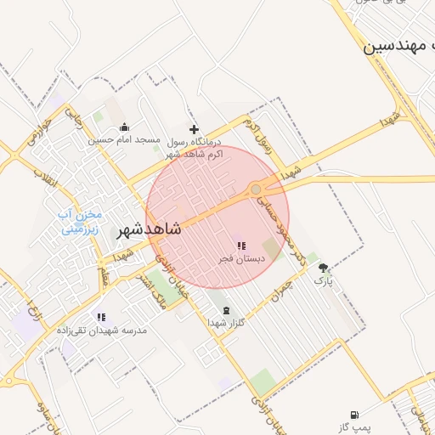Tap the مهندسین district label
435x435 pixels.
click(x=398, y=46)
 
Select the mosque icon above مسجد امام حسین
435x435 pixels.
click(x=125, y=128)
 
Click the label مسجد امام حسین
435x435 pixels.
click(x=125, y=141)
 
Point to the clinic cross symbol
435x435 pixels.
click(x=194, y=129)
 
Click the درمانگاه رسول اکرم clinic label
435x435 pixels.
click(x=193, y=148)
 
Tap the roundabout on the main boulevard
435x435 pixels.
click(x=256, y=189)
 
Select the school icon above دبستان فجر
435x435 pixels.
click(x=241, y=245)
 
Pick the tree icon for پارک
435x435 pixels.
click(x=323, y=267)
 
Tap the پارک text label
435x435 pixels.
click(x=324, y=280)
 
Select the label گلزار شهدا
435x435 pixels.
click(x=225, y=323)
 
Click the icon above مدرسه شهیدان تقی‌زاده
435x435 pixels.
click(x=101, y=317)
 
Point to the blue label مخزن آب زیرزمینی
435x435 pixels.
click(x=79, y=222)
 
